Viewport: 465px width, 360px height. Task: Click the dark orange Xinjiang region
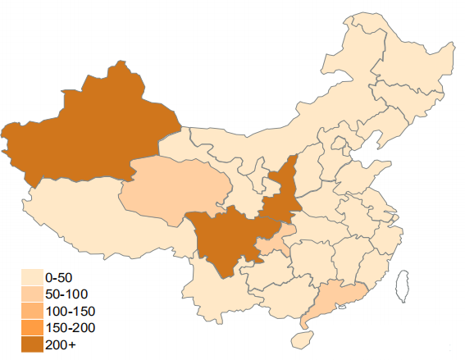tap(90, 131)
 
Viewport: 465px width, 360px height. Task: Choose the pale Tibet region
tap(98, 217)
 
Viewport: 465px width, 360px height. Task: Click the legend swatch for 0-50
tap(32, 277)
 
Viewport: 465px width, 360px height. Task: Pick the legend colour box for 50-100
tap(32, 294)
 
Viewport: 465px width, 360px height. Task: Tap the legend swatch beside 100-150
tap(32, 312)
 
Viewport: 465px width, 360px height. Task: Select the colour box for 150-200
tap(32, 328)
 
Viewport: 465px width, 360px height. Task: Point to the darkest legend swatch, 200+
tap(32, 345)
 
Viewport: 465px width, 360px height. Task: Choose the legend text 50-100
tap(66, 294)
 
